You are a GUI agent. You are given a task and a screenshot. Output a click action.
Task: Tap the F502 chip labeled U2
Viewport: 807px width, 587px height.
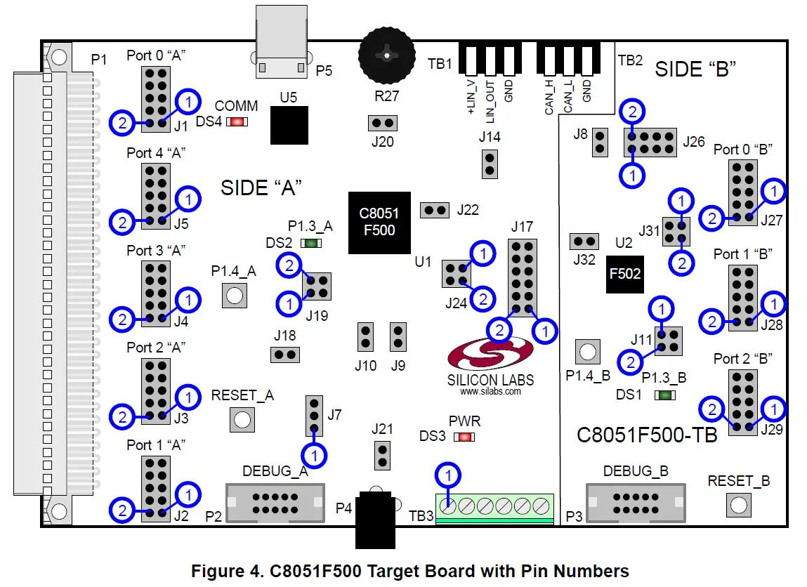click(x=625, y=273)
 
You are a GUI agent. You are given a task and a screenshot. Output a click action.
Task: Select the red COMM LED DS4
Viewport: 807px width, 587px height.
click(x=237, y=121)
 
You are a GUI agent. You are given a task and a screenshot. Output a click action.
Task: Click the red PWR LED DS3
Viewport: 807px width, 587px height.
click(x=463, y=437)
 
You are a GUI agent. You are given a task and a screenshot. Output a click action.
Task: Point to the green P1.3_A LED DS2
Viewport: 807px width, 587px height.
click(x=310, y=243)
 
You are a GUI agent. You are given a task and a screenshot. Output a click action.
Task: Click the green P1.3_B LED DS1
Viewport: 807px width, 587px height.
click(x=662, y=395)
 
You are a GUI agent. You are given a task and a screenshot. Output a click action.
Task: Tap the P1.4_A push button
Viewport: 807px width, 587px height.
click(x=235, y=295)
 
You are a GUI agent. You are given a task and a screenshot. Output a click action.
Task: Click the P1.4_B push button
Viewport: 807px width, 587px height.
click(x=588, y=350)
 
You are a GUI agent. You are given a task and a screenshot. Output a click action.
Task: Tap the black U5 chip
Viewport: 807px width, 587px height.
click(x=289, y=126)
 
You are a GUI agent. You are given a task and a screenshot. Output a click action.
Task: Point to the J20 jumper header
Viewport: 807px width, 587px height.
click(x=383, y=124)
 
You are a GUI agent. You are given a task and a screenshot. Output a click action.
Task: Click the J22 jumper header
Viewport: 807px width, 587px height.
click(x=434, y=210)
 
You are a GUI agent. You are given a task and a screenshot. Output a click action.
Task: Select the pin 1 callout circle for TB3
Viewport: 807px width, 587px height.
click(x=449, y=476)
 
